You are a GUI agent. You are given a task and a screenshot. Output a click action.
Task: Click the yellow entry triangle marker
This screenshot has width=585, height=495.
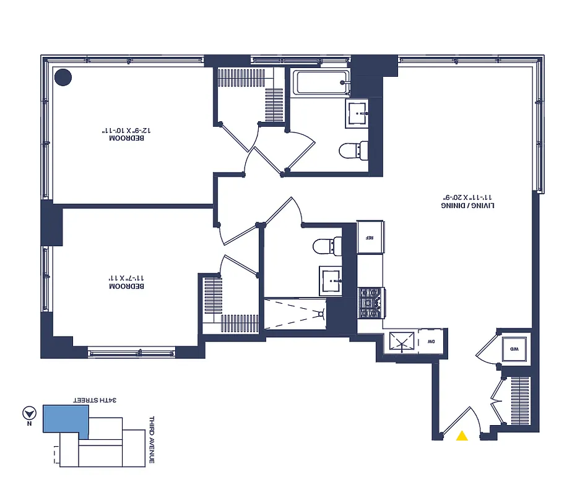point(462,436)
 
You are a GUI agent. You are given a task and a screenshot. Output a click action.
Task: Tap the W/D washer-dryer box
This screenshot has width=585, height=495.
point(514,350)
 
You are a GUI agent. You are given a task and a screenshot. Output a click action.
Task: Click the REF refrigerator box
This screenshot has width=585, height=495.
point(370,237)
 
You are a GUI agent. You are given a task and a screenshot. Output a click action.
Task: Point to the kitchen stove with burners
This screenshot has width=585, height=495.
point(371,303)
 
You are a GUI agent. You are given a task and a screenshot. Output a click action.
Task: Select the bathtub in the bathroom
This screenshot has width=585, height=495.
point(321,82)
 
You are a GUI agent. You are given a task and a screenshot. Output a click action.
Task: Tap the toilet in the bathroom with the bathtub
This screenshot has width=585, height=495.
point(354,150)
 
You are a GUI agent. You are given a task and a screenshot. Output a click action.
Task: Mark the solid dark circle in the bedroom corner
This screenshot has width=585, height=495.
point(63,77)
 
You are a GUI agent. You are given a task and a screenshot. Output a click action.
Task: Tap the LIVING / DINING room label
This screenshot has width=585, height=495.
point(468,205)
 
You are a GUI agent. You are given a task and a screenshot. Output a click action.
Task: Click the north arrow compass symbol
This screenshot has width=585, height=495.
point(28,414)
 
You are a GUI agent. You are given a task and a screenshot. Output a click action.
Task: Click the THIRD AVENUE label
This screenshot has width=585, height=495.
point(151,440)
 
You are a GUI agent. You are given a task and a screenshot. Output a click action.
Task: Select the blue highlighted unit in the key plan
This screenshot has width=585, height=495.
point(64,420)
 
